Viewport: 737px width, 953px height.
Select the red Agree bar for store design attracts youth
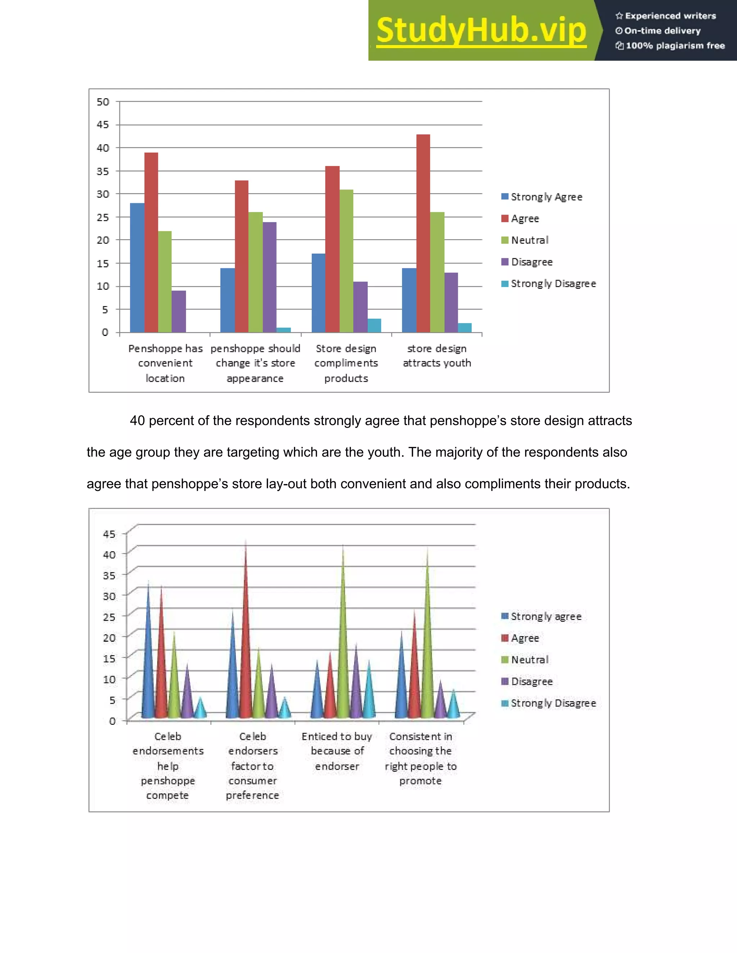(423, 233)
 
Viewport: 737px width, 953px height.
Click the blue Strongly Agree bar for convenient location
(137, 268)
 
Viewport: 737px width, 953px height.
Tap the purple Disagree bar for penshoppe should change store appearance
(270, 277)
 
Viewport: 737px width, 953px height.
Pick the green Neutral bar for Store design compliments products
(346, 261)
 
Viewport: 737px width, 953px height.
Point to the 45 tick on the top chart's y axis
(103, 125)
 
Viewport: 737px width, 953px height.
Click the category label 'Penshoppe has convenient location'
(166, 363)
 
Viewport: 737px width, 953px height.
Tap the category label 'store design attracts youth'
(437, 356)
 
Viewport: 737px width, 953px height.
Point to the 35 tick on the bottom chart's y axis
(109, 575)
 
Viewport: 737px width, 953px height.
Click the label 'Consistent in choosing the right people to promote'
(420, 758)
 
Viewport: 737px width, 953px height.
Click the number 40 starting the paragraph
(137, 421)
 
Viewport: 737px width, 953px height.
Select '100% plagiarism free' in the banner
(675, 46)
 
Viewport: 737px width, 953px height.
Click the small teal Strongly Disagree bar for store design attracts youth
(465, 328)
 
